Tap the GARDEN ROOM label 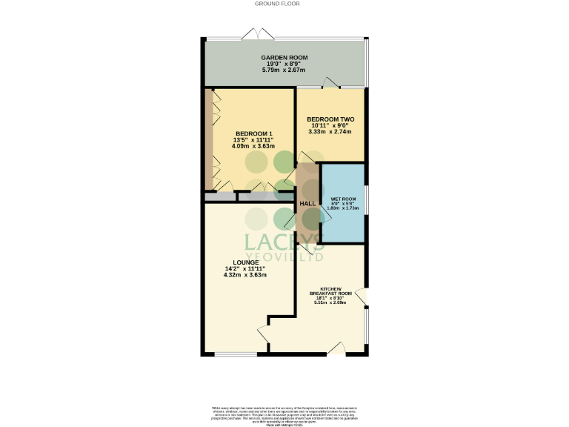click(x=284, y=58)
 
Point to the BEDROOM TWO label click(x=330, y=119)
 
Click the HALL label click(x=307, y=203)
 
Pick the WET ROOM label click(x=343, y=199)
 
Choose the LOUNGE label click(x=245, y=262)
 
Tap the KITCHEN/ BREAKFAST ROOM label click(x=330, y=291)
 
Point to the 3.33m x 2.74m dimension click(x=330, y=132)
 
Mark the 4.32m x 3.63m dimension click(x=245, y=275)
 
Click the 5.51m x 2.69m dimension click(x=330, y=302)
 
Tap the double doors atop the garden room click(x=262, y=34)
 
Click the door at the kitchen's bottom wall click(x=336, y=349)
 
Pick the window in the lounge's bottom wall click(x=230, y=354)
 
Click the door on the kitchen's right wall click(x=363, y=297)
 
